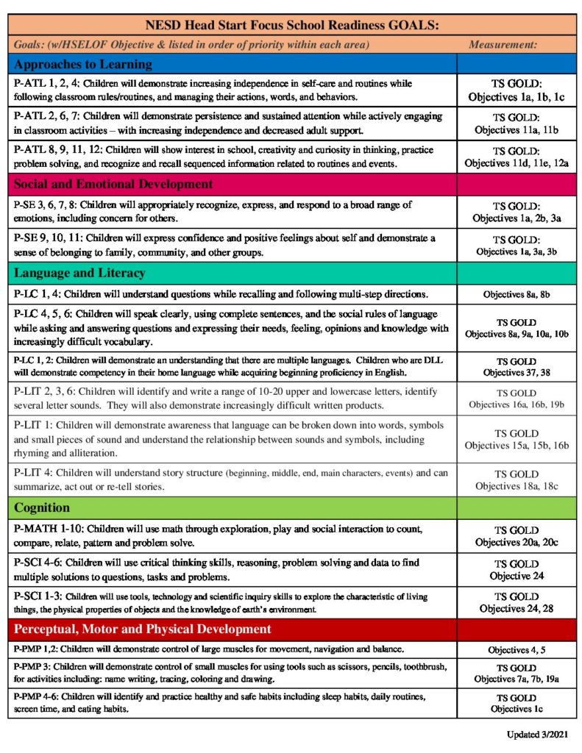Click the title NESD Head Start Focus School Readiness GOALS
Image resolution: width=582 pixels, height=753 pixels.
(293, 25)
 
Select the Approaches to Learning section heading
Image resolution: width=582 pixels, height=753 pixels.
(83, 64)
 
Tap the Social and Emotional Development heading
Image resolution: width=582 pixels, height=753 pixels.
(113, 184)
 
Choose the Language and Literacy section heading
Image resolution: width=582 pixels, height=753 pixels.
(79, 274)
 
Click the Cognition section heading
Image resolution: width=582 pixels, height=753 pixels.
(42, 507)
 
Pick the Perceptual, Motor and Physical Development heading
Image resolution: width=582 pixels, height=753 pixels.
(142, 629)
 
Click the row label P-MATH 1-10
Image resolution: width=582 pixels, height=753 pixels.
(47, 529)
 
